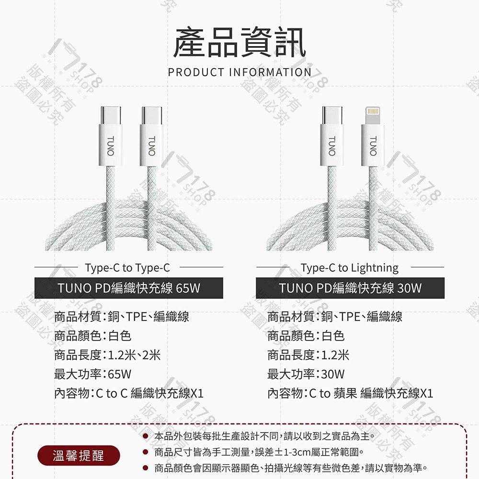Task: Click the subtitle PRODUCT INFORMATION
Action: pyautogui.click(x=239, y=72)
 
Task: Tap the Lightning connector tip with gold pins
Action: pyautogui.click(x=372, y=114)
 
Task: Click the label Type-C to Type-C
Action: pyautogui.click(x=127, y=267)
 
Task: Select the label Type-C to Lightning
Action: pyautogui.click(x=350, y=267)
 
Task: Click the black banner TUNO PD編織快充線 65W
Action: pyautogui.click(x=129, y=288)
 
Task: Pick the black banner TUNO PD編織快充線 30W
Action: pyautogui.click(x=350, y=288)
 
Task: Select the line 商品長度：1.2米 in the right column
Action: pyautogui.click(x=308, y=354)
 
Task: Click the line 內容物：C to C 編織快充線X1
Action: pyautogui.click(x=129, y=393)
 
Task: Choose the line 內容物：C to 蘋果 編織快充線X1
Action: pyautogui.click(x=350, y=393)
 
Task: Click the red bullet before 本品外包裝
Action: pyautogui.click(x=144, y=436)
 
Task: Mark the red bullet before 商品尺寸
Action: pyautogui.click(x=144, y=452)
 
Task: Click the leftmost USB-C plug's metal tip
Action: pyautogui.click(x=110, y=114)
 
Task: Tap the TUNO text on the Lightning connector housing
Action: pyautogui.click(x=373, y=145)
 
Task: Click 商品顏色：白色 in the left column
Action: pyautogui.click(x=92, y=336)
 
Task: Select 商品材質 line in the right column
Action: pyautogui.click(x=335, y=317)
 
